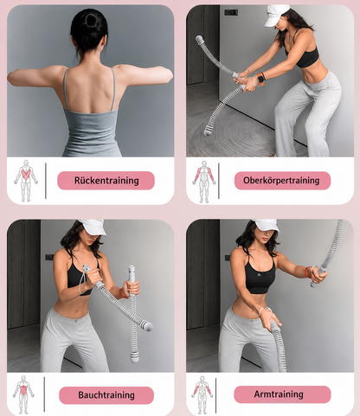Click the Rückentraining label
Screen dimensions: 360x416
(x=106, y=181)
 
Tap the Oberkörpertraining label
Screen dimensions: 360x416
(x=282, y=181)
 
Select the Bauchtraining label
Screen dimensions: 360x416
(x=106, y=395)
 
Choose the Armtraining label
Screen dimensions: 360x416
(x=282, y=394)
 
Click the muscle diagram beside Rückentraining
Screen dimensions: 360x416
(x=26, y=181)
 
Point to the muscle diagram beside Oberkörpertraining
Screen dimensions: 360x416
(x=204, y=182)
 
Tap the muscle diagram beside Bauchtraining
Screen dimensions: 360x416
(x=23, y=394)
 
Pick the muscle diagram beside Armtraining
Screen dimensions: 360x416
(x=202, y=395)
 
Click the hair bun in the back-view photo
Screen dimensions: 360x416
(x=92, y=20)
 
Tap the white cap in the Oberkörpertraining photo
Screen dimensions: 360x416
(x=276, y=15)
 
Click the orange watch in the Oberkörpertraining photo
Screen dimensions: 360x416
(x=261, y=79)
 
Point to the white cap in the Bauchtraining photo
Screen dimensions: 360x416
(x=93, y=227)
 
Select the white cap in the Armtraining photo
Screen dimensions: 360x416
(x=266, y=225)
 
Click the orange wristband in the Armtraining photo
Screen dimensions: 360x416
(x=308, y=272)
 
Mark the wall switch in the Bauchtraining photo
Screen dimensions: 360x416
(x=49, y=257)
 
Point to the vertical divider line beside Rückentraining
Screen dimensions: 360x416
(x=46, y=181)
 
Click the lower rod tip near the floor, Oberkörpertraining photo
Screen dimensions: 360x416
(x=207, y=132)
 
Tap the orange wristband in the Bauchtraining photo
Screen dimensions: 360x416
(x=122, y=293)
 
